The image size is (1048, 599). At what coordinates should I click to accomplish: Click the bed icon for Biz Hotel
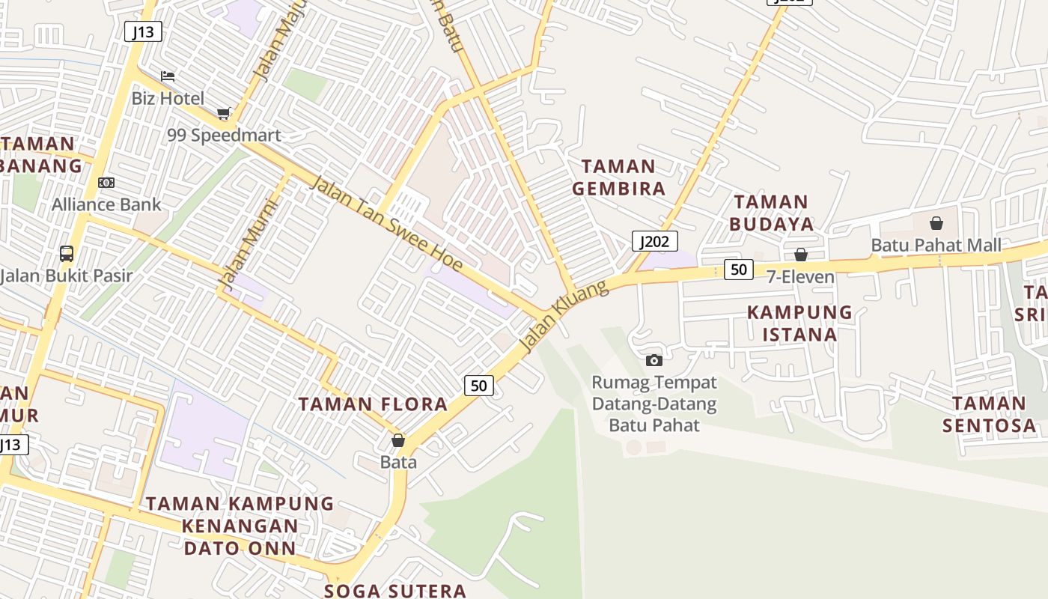point(168,76)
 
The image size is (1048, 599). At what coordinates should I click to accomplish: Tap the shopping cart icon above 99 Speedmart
point(224,113)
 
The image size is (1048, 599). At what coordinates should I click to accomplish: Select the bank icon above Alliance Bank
point(106,183)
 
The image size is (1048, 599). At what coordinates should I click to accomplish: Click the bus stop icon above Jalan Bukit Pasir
point(67,254)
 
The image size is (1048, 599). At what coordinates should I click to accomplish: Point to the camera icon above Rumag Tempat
point(654,360)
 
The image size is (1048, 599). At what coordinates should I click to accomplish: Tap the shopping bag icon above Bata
point(398,440)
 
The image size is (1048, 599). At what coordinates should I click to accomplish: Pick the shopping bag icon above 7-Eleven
point(801,255)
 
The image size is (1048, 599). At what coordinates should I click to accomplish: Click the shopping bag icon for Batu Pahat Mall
point(936,223)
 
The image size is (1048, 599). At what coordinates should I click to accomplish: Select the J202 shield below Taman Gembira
point(655,241)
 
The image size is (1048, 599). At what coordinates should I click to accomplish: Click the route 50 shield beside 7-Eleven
point(738,270)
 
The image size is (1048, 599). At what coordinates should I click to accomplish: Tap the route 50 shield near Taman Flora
point(479,386)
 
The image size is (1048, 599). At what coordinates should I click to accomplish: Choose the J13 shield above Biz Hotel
point(143,31)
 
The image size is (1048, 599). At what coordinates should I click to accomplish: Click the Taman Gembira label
point(619,177)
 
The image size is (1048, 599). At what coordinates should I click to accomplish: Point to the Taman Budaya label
point(771,213)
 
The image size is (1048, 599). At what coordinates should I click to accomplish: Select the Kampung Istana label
point(799,323)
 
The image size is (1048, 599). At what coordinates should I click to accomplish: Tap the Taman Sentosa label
point(989,414)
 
